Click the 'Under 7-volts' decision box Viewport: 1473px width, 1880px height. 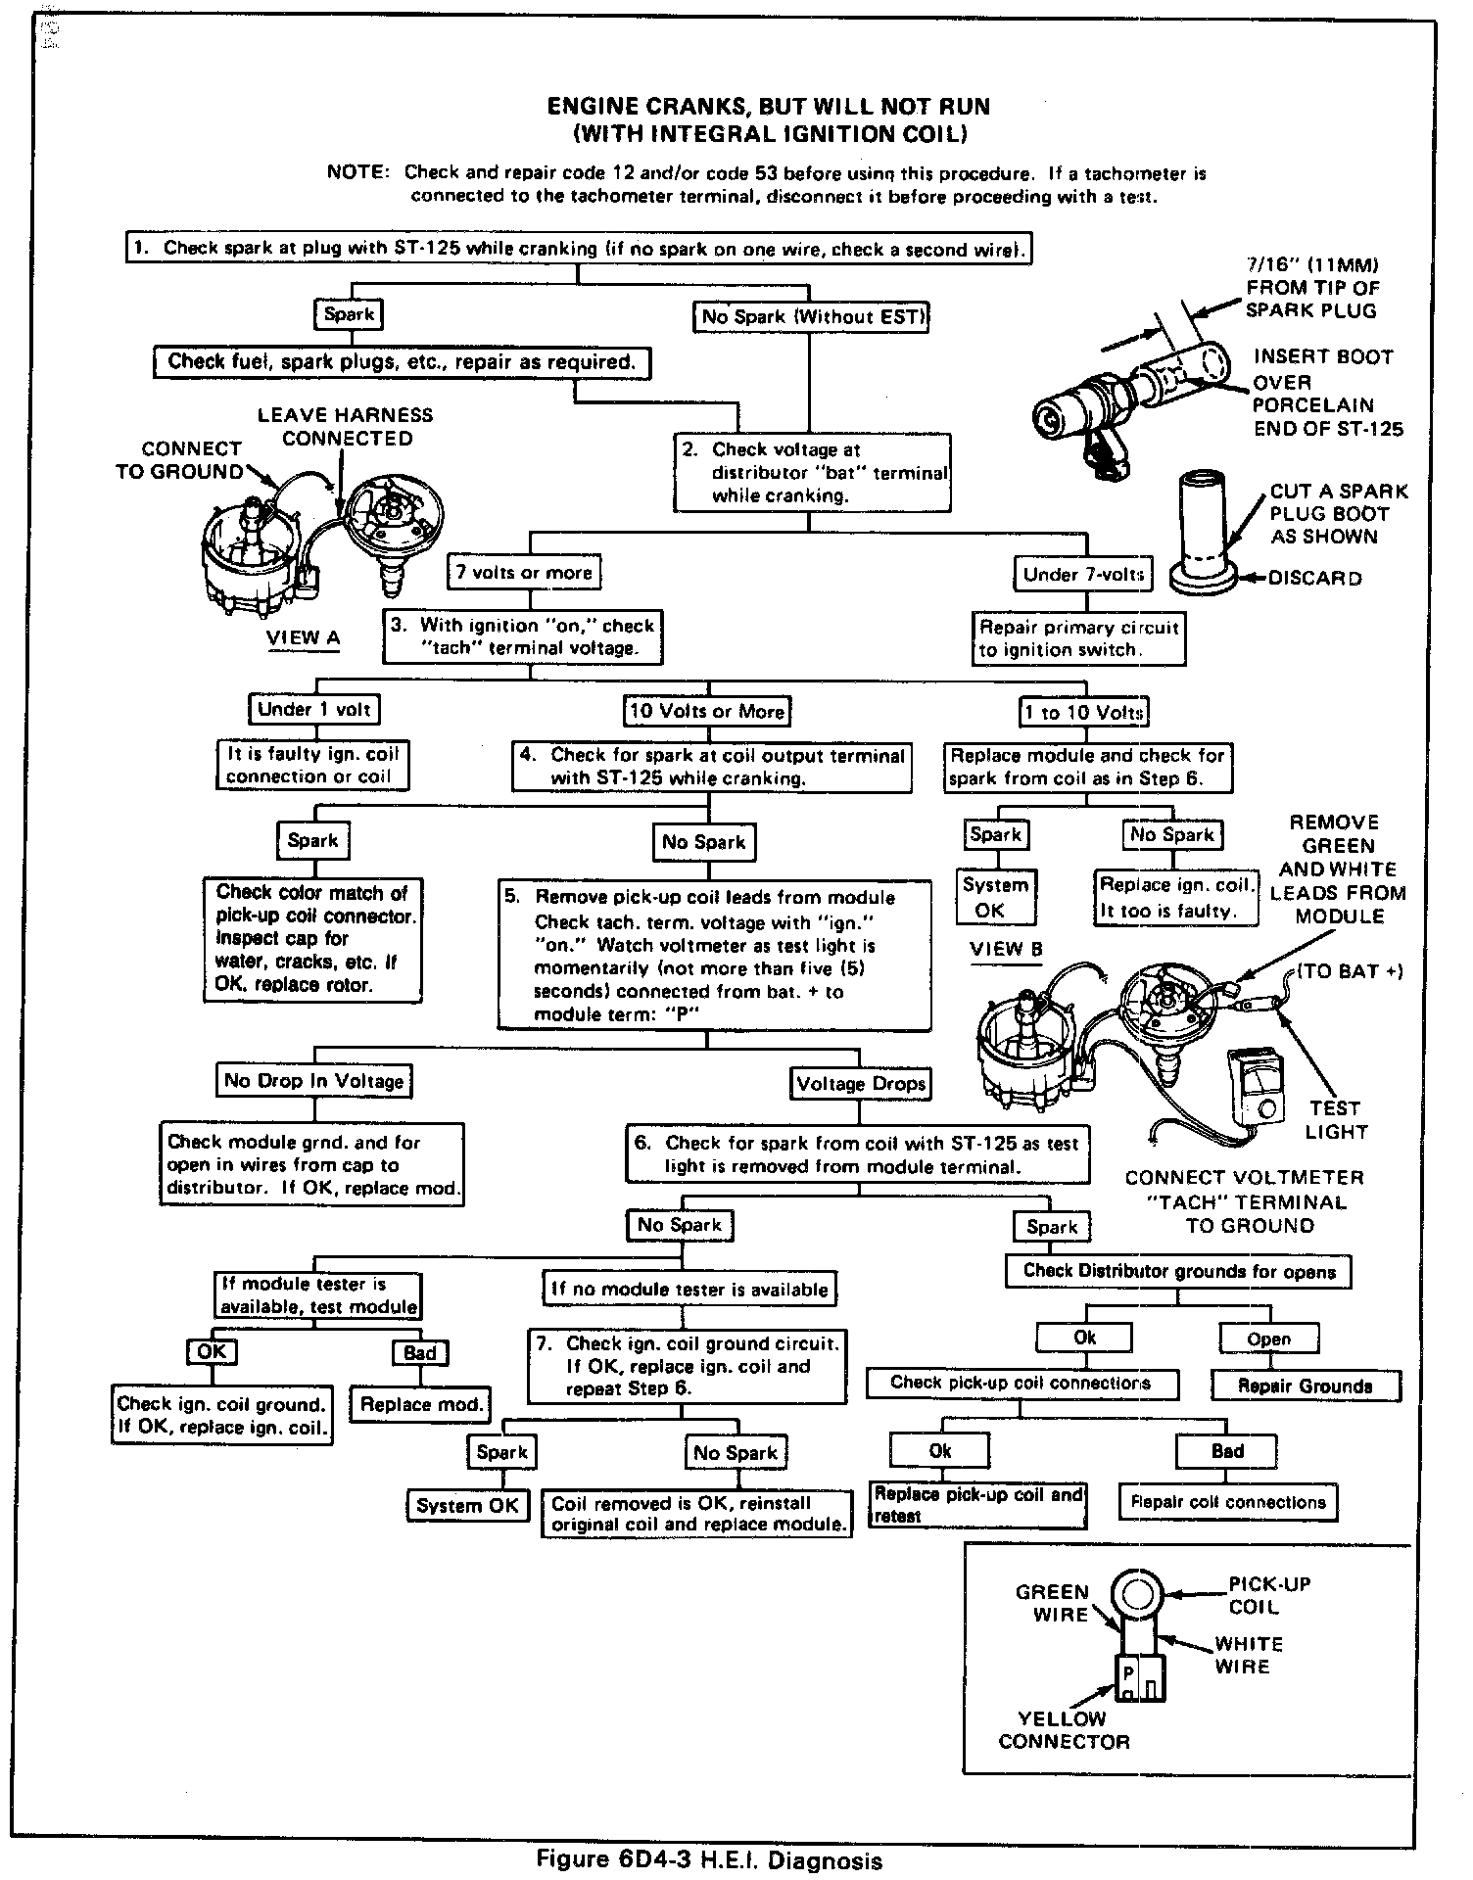point(1082,574)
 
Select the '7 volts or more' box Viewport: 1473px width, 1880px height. point(524,572)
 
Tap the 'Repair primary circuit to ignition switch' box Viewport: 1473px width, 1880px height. point(1078,638)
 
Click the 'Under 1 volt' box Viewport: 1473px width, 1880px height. point(313,709)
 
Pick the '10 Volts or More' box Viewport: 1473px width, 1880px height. point(707,711)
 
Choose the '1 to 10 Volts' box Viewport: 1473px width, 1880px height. point(1083,712)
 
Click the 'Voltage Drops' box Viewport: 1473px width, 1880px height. point(860,1083)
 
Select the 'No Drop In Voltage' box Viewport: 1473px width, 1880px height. point(313,1081)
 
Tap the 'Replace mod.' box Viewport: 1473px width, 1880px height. point(421,1404)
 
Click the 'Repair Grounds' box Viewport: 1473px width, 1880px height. point(1306,1386)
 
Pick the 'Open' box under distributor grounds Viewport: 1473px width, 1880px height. point(1268,1339)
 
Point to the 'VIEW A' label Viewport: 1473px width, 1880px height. point(304,638)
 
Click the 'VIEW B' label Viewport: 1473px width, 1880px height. point(1006,949)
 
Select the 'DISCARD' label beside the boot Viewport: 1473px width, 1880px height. point(1314,578)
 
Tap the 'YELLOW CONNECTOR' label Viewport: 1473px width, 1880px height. point(1064,1730)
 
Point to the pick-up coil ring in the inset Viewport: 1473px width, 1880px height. point(1136,1595)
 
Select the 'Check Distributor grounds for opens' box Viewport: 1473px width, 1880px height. point(1179,1271)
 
